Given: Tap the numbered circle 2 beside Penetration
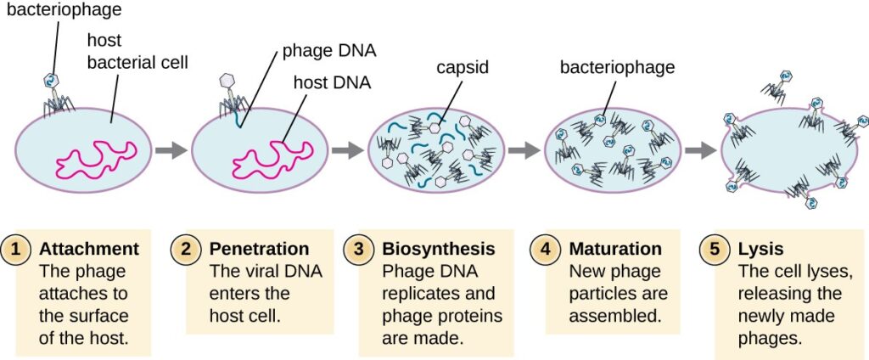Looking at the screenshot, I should point(186,250).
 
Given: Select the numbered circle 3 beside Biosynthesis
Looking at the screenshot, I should point(360,250).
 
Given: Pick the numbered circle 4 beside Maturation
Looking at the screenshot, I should point(547,250).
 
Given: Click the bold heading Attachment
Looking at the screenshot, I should point(89,250).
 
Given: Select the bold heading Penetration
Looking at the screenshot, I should point(258,250).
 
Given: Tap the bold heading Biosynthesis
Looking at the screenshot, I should point(439,250).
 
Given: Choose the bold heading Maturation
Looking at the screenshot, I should point(615,250).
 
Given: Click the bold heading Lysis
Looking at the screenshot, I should point(760,250).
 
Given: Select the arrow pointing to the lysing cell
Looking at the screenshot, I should point(700,150).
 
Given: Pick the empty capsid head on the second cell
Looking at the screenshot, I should point(227,78).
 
